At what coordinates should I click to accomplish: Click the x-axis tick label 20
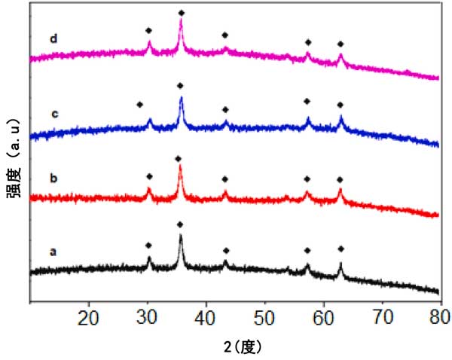89,316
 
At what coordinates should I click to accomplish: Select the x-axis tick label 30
148,316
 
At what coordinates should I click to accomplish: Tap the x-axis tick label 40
206,316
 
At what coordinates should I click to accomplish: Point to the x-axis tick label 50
265,316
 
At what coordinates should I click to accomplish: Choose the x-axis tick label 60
324,316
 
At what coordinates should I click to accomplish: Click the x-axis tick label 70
383,316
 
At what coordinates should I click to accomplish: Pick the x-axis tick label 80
440,316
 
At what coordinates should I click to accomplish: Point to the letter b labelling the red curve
53,178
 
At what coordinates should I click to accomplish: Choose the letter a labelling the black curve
53,252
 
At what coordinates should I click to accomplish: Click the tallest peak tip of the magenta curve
181,20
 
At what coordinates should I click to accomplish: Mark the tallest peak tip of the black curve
180,236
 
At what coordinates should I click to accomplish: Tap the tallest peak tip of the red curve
180,166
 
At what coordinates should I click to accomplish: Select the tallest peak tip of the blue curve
181,97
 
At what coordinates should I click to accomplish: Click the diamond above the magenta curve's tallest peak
181,13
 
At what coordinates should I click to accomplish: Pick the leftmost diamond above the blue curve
139,104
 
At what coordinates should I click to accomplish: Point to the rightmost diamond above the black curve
341,248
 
